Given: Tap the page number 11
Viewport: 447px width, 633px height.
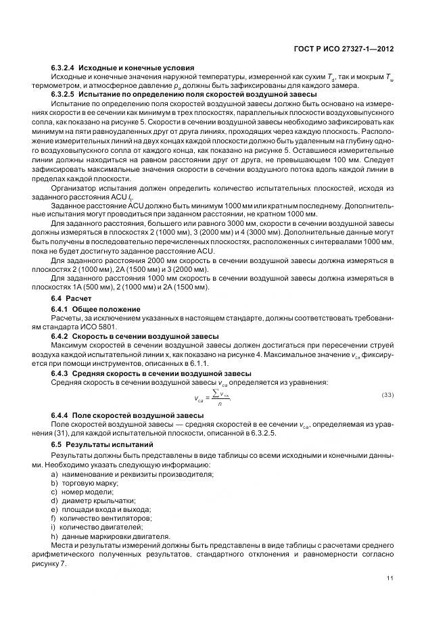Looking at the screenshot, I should click(390, 577).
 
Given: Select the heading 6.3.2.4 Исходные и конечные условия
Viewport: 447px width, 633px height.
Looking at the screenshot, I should click(122, 68).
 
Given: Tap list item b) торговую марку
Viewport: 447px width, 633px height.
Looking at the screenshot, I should click(85, 483).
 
